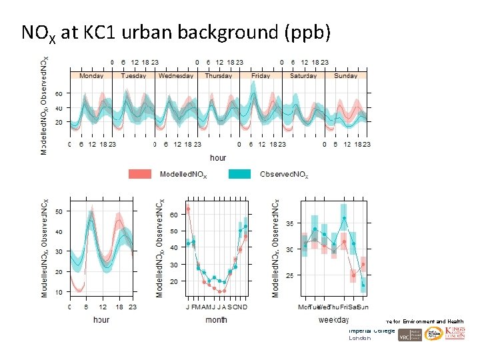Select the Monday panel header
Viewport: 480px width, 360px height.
point(91,76)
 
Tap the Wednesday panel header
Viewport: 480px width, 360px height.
point(176,76)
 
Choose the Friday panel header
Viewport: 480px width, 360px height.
point(261,76)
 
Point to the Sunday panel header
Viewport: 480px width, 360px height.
point(345,76)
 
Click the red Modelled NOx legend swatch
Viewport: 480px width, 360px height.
point(142,174)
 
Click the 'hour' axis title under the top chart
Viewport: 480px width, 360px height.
point(218,158)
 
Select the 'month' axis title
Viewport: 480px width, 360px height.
point(216,320)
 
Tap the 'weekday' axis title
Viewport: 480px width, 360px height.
point(333,320)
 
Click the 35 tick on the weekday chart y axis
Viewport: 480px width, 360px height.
point(290,223)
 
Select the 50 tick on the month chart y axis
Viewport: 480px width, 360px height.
point(173,231)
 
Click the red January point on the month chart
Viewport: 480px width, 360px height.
point(188,209)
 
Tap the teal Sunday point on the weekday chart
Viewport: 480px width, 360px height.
point(363,285)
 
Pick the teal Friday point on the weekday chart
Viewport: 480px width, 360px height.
point(344,218)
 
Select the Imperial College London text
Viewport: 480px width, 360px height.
point(372,334)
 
